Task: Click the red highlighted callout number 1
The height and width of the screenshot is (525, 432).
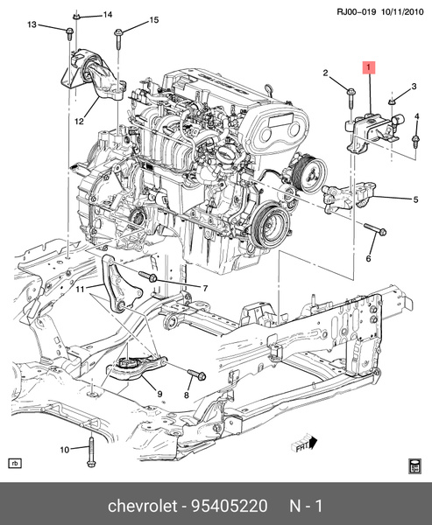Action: pyautogui.click(x=369, y=66)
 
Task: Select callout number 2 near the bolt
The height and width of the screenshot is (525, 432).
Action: pyautogui.click(x=324, y=73)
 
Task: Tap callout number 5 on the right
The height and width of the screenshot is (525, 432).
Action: pyautogui.click(x=416, y=199)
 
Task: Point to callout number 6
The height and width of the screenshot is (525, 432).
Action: pyautogui.click(x=368, y=258)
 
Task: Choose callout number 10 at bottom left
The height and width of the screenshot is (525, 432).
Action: pyautogui.click(x=63, y=450)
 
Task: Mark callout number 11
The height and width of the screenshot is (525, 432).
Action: pyautogui.click(x=78, y=288)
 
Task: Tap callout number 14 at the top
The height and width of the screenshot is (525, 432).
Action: pyautogui.click(x=108, y=16)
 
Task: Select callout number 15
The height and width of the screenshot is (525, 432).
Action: pyautogui.click(x=153, y=20)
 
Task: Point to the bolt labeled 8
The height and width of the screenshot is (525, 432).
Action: pyautogui.click(x=195, y=377)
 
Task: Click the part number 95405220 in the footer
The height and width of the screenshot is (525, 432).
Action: pyautogui.click(x=230, y=507)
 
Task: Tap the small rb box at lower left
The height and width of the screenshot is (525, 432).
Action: pyautogui.click(x=14, y=463)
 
